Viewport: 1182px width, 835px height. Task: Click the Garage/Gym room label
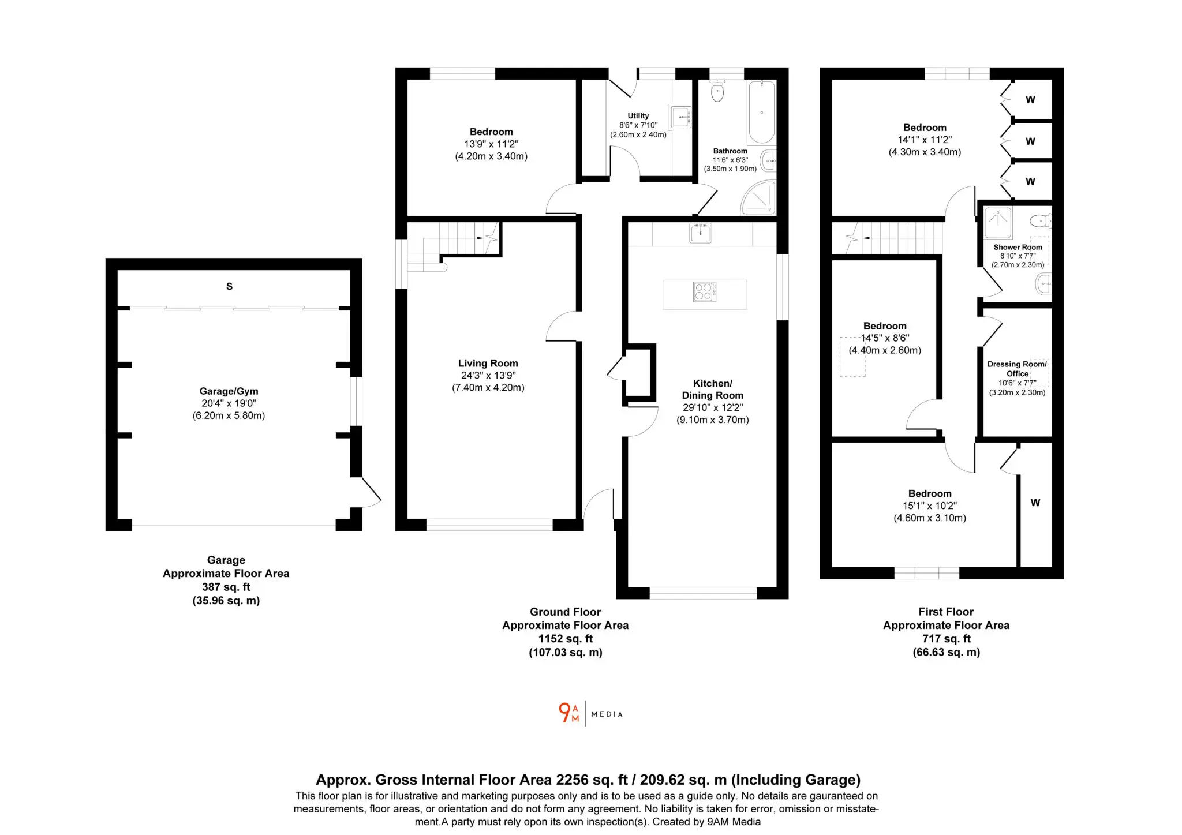(229, 391)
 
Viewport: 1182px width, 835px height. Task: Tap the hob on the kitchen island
(704, 292)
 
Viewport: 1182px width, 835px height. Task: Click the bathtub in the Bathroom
(761, 112)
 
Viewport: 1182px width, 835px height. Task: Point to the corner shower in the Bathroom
(759, 197)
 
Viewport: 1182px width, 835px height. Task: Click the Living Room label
(488, 363)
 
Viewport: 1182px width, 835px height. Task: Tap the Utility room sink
(680, 117)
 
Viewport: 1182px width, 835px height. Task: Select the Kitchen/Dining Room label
(712, 390)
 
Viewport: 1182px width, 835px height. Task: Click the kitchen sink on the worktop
(700, 233)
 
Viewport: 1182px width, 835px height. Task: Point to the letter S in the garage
(229, 286)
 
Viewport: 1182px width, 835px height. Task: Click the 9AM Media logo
(590, 713)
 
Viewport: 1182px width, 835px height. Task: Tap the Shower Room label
(1018, 247)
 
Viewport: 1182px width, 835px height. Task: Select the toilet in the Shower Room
(1040, 220)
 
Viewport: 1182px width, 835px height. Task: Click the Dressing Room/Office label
(1017, 369)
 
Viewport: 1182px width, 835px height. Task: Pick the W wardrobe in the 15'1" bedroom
(1035, 503)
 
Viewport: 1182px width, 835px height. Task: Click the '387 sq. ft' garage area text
(226, 587)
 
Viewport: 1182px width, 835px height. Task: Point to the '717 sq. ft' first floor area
(946, 639)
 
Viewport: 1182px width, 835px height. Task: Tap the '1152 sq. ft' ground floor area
(565, 639)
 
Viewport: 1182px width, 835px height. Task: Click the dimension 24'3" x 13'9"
(488, 375)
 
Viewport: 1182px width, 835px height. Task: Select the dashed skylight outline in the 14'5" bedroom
(852, 357)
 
